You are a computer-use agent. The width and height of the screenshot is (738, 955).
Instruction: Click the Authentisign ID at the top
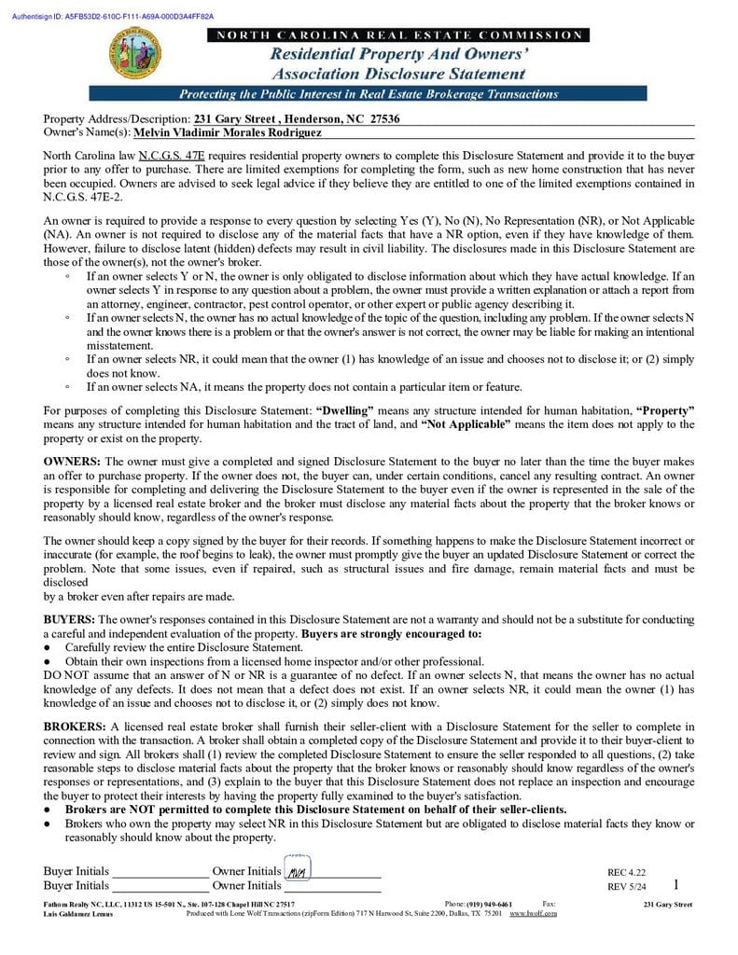[113, 17]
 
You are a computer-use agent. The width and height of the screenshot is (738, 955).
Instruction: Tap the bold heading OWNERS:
[73, 462]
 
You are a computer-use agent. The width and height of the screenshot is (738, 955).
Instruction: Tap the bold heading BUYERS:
[69, 619]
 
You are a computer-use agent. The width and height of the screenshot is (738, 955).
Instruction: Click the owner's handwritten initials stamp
[298, 871]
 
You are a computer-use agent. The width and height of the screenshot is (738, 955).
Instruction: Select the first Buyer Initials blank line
[159, 874]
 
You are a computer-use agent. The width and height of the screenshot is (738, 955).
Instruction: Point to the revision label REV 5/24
[626, 886]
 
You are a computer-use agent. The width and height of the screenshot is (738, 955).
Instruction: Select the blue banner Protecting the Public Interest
[368, 94]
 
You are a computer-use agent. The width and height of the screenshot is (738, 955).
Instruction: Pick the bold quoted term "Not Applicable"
[466, 424]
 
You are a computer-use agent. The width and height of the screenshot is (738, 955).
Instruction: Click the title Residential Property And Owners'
[399, 55]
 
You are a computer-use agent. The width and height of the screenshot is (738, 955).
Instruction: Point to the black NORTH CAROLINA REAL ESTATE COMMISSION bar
[399, 35]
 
